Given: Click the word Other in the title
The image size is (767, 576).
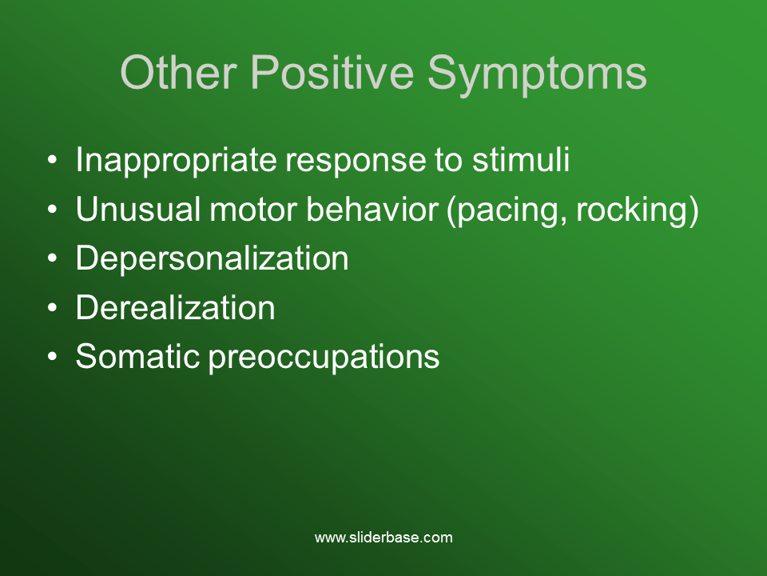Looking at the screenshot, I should (x=177, y=73).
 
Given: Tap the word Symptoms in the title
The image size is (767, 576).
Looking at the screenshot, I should (x=537, y=74).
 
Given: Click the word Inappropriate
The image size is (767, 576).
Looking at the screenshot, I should (x=176, y=161).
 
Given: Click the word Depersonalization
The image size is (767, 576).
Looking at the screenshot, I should (x=212, y=259).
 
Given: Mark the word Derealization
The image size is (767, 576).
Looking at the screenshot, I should (x=175, y=308).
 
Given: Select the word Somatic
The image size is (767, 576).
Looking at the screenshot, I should (x=137, y=357).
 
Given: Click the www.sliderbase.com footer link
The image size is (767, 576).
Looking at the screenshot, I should (x=383, y=538).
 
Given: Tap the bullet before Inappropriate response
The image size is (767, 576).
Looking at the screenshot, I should (x=52, y=161).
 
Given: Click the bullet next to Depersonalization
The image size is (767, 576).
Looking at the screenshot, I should (x=52, y=259).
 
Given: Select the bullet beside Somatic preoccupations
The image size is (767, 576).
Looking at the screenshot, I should (x=52, y=357).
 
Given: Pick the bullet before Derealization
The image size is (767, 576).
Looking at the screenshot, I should (x=52, y=308).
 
